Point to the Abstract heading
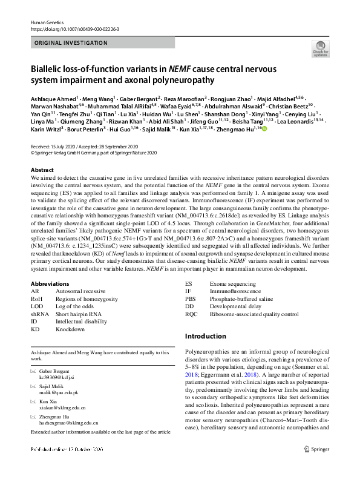point(42,170)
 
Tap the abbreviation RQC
point(191,314)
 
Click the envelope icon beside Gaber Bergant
point(33,369)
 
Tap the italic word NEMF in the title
point(180,68)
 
